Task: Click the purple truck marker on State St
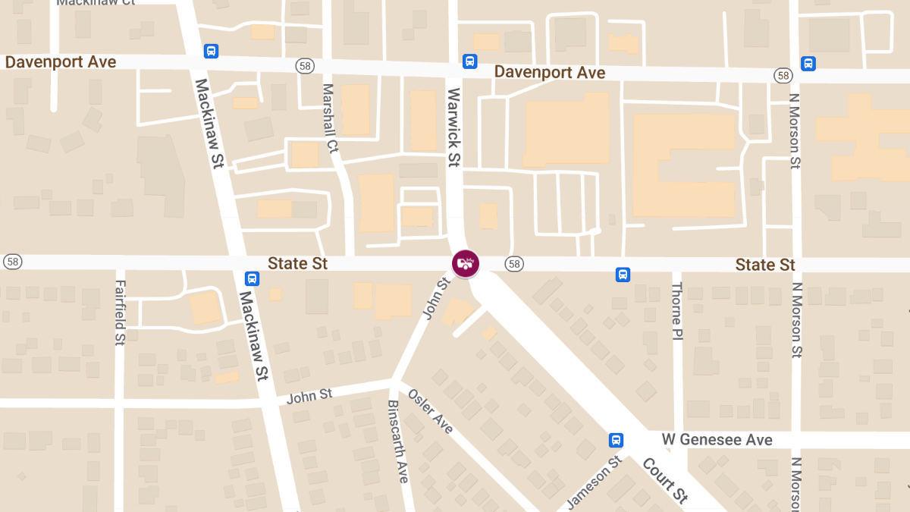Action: click(466, 263)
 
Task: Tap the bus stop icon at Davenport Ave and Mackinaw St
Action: click(212, 51)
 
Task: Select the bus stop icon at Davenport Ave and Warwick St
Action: click(470, 61)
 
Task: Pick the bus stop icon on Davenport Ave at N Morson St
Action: click(808, 64)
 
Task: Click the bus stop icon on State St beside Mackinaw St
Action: click(253, 278)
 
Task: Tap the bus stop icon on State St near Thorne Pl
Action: click(623, 275)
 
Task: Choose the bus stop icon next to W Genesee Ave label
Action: click(617, 440)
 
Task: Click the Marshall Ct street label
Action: click(330, 118)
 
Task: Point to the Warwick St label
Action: click(454, 127)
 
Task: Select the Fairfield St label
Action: click(120, 313)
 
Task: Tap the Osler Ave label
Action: click(431, 411)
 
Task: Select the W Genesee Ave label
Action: click(717, 439)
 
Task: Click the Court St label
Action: click(665, 479)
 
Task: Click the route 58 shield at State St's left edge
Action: click(11, 261)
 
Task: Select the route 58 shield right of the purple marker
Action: click(515, 263)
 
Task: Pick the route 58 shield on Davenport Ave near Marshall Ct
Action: click(305, 67)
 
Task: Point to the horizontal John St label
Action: click(309, 395)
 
